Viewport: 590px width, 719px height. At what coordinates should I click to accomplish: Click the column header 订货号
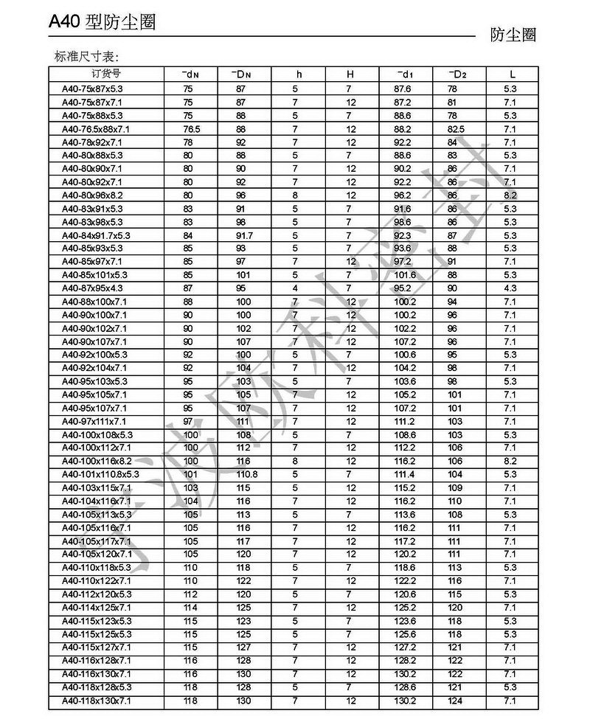click(106, 74)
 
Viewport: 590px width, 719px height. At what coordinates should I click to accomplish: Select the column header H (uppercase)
click(351, 74)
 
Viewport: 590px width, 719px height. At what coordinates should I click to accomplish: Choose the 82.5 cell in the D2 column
click(457, 128)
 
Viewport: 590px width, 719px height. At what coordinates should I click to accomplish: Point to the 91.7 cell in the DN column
click(244, 235)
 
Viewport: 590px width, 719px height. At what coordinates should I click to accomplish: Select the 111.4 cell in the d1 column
click(405, 474)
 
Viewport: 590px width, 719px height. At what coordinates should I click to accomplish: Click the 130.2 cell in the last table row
click(405, 701)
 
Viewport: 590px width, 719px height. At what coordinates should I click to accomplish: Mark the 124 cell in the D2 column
click(455, 701)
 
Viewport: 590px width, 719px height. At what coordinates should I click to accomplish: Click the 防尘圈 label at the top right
click(513, 35)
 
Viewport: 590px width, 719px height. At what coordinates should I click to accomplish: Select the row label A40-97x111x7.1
click(94, 421)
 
